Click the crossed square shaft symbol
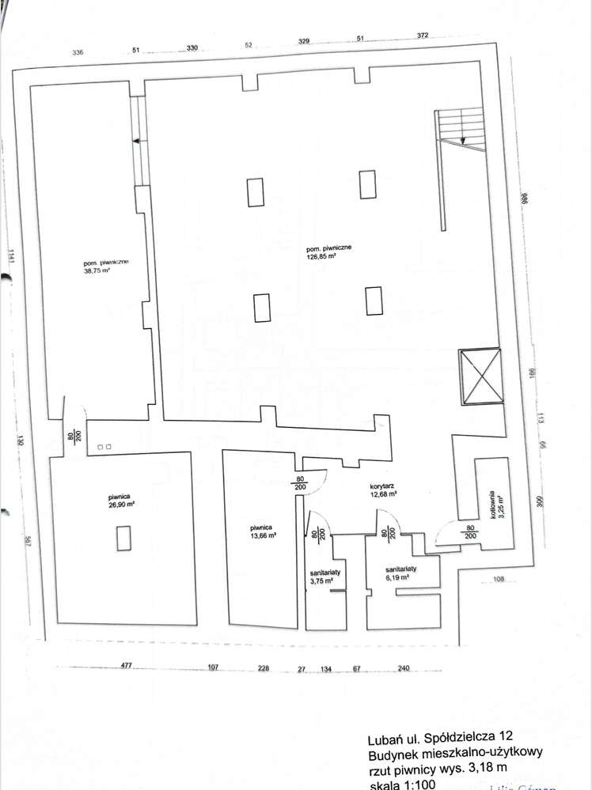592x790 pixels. coord(480,375)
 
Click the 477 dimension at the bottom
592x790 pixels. coord(126,667)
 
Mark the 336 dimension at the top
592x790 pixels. coord(78,52)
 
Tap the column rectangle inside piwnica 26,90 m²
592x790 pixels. coord(123,539)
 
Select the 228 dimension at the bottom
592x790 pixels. coord(264,668)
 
